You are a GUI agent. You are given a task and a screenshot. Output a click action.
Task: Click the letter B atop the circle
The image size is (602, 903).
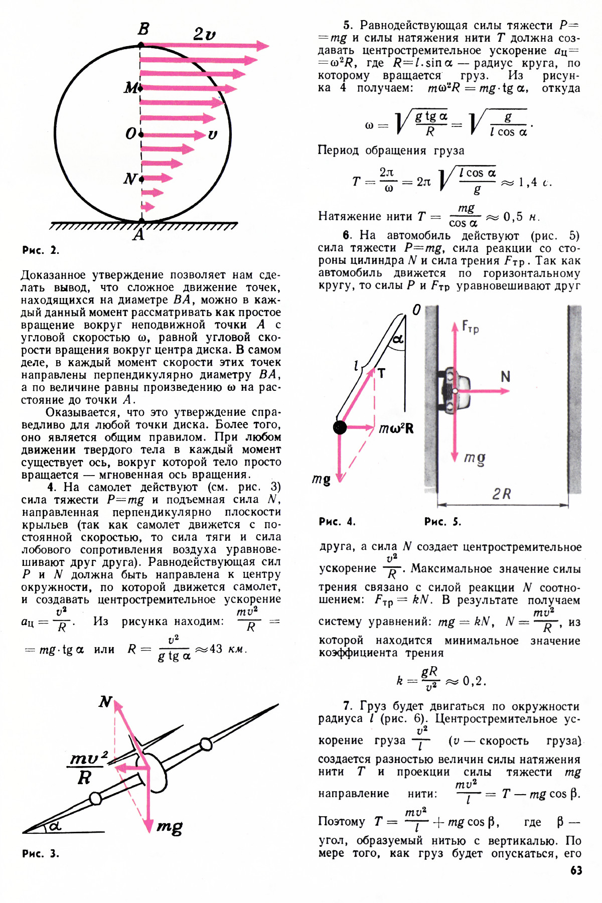143,29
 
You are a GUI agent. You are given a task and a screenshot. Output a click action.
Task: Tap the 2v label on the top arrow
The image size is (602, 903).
204,34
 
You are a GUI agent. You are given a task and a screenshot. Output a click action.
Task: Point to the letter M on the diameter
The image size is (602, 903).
131,88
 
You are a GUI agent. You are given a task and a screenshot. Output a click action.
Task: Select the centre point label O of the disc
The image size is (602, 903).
130,134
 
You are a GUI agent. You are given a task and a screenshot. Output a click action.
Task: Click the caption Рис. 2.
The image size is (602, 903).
41,250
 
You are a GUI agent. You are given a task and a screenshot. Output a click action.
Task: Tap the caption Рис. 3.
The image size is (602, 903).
41,853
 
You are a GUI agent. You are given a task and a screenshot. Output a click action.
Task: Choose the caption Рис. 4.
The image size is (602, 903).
337,522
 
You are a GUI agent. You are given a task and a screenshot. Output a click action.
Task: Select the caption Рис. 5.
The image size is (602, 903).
442,522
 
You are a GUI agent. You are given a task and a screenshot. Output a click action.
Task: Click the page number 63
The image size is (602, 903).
576,870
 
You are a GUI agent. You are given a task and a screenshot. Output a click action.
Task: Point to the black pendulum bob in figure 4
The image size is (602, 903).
340,427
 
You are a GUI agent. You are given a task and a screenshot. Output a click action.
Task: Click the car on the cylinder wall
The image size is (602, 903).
456,390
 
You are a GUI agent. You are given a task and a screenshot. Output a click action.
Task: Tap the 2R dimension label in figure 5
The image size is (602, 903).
501,494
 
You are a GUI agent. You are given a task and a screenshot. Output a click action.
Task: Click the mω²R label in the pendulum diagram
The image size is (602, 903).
396,428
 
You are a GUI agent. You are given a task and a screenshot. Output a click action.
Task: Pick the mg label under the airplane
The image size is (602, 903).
170,826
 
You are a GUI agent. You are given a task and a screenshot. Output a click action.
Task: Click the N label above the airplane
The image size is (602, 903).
105,701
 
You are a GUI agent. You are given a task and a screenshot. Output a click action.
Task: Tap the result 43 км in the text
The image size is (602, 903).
228,649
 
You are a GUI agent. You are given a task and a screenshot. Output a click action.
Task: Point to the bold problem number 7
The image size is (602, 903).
347,706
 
